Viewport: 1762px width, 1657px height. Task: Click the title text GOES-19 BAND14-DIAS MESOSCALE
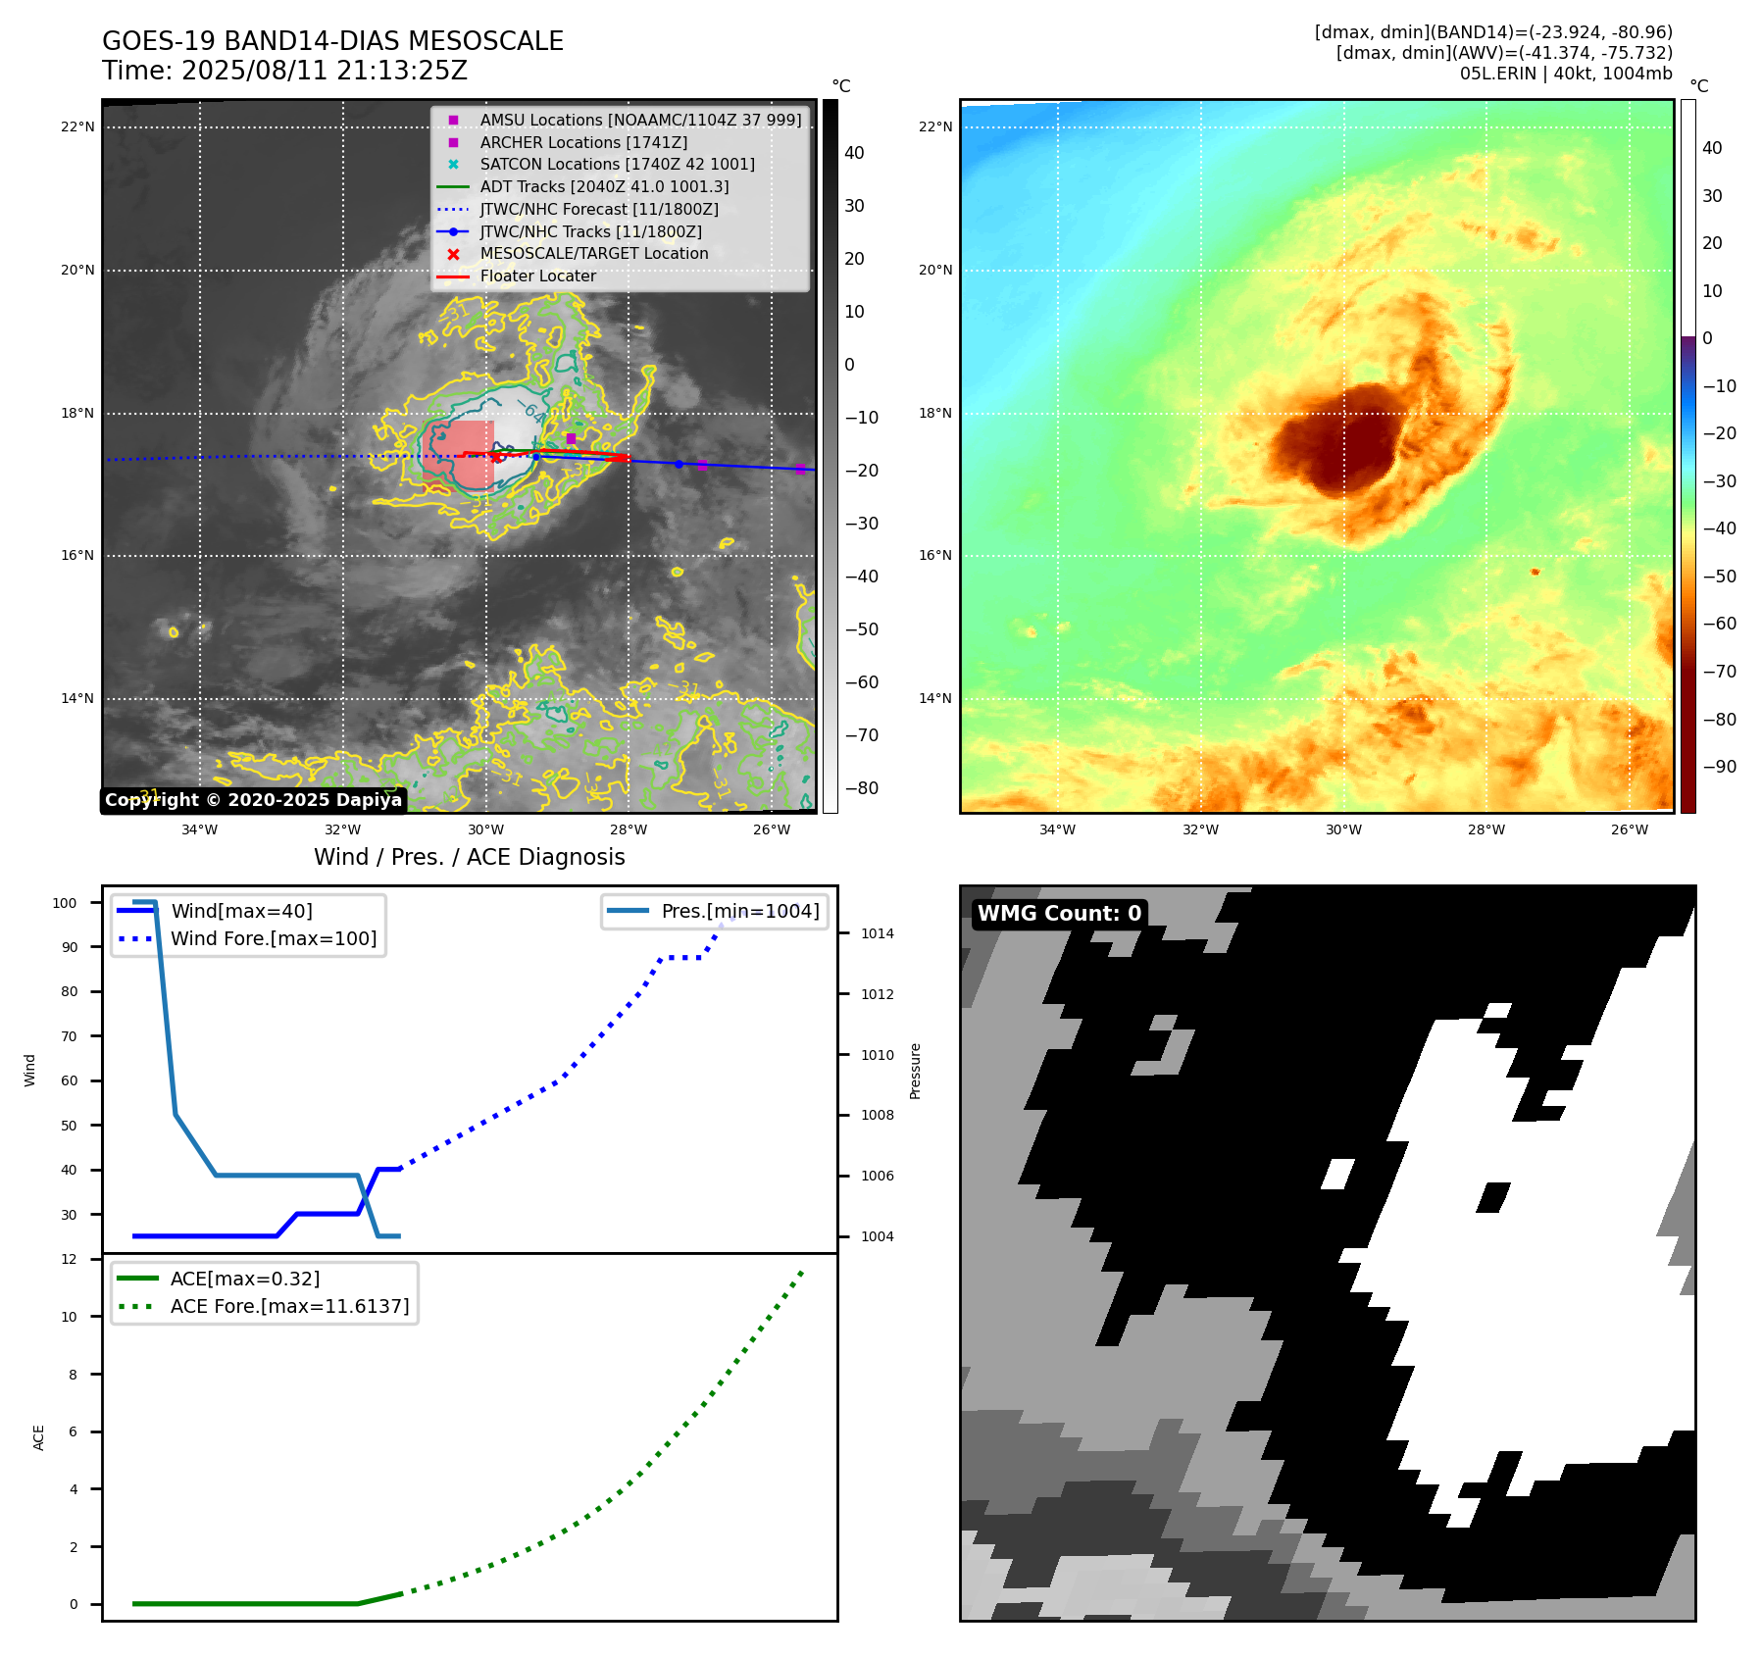coord(332,41)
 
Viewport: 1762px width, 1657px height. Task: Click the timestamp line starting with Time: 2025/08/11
coord(284,71)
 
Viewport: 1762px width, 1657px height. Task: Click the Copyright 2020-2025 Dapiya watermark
coord(253,800)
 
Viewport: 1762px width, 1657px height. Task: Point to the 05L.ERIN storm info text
coord(1565,74)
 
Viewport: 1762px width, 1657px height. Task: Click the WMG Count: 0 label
coord(1059,914)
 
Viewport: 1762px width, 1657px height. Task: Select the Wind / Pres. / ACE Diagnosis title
coord(469,857)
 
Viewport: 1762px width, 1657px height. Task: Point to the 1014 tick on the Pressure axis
coord(877,933)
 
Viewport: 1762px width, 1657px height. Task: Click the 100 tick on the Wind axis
coord(65,903)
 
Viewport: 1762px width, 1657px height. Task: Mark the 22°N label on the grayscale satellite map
coord(77,126)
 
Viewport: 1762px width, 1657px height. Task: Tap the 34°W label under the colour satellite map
coord(1056,829)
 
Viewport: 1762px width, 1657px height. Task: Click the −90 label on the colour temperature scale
coord(1719,767)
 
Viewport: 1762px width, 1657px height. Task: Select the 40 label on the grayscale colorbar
coord(854,153)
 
